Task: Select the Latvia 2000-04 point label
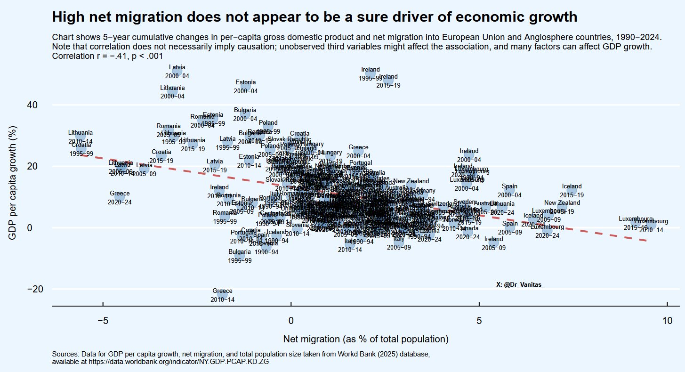tap(177, 71)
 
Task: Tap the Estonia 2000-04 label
tap(245, 87)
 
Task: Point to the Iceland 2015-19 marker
tap(572, 191)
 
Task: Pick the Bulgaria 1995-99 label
tap(240, 256)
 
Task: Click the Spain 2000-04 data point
tap(509, 191)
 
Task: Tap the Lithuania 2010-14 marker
tap(81, 137)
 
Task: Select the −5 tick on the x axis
tap(103, 321)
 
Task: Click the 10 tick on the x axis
tap(667, 321)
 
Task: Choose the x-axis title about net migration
tap(365, 339)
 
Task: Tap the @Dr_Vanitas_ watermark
tap(520, 284)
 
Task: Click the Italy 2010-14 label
tap(350, 245)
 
